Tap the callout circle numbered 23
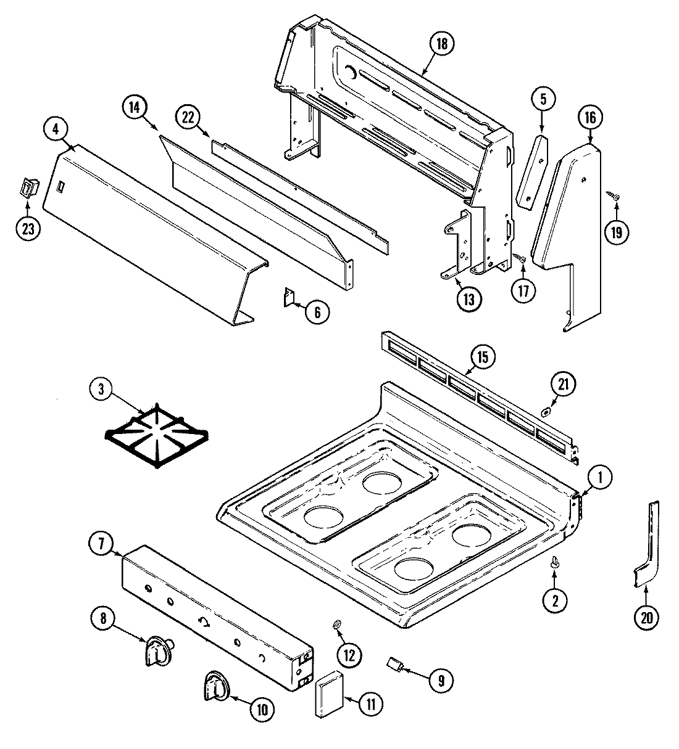click(28, 227)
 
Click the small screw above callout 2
click(554, 561)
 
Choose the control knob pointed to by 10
click(215, 686)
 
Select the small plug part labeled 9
click(394, 665)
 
